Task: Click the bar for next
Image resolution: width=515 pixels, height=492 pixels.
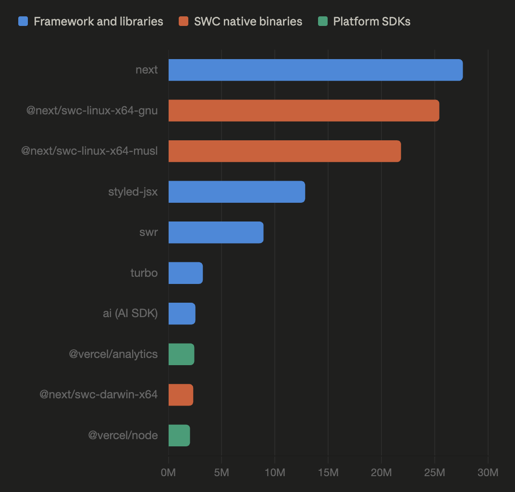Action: point(315,70)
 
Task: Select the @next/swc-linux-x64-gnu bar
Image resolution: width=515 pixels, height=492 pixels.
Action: point(304,111)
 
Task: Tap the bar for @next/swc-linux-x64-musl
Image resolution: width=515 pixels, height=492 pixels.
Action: point(284,151)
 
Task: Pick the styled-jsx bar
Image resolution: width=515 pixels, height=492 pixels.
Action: point(236,192)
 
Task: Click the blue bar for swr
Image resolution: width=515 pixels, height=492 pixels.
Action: point(216,233)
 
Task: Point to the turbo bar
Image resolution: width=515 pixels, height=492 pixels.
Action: point(185,273)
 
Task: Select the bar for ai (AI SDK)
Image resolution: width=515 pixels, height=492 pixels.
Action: point(182,314)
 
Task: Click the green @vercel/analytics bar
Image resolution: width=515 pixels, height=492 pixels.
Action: point(181,354)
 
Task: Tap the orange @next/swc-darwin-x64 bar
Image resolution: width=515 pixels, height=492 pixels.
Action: point(181,395)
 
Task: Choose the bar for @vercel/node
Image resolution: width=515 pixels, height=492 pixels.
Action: point(179,435)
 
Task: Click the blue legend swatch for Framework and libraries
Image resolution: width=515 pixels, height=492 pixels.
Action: point(23,22)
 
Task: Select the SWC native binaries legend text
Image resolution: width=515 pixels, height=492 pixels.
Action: point(248,22)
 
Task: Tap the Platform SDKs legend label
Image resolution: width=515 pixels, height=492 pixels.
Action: point(371,22)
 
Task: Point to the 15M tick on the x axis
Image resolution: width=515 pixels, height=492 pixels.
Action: point(328,473)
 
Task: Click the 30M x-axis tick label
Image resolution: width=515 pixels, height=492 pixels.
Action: point(488,473)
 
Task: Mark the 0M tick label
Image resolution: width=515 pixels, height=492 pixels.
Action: point(169,473)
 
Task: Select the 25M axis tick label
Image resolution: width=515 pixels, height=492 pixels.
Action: point(434,473)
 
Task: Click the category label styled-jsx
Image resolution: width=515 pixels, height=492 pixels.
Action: point(133,192)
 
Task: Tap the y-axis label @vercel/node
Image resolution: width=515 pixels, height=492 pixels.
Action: point(123,436)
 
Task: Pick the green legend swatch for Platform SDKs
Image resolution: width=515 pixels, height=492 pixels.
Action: point(323,22)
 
